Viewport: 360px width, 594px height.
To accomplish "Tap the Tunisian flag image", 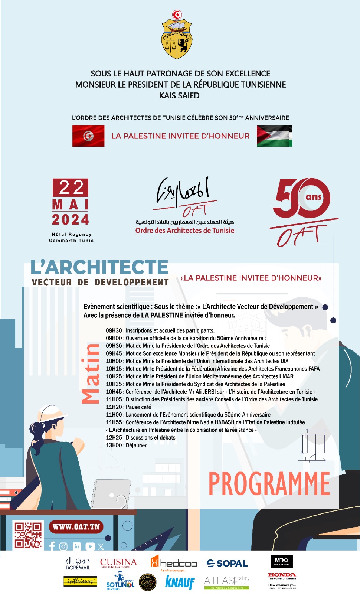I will pyautogui.click(x=88, y=136).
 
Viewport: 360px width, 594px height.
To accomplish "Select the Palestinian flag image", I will pyautogui.click(x=274, y=136).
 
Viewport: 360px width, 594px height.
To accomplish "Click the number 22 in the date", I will pyautogui.click(x=71, y=187).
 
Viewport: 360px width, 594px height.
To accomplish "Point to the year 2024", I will pyautogui.click(x=71, y=220).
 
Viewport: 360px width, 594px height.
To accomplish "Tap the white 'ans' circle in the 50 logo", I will pyautogui.click(x=313, y=197).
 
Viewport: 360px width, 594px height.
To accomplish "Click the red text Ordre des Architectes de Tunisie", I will pyautogui.click(x=185, y=231).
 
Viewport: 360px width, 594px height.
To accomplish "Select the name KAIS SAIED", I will pyautogui.click(x=180, y=95).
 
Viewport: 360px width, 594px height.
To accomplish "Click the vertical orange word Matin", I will pyautogui.click(x=91, y=373).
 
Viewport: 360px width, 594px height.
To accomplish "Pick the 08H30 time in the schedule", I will pyautogui.click(x=114, y=330).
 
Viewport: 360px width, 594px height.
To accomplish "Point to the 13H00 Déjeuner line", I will pyautogui.click(x=126, y=445).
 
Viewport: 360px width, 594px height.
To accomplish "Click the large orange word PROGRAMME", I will pyautogui.click(x=269, y=484).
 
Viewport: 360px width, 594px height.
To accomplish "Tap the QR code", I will pyautogui.click(x=28, y=535).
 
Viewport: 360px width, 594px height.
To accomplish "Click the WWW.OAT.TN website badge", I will pyautogui.click(x=76, y=527).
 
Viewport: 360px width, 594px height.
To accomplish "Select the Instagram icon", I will pyautogui.click(x=63, y=546).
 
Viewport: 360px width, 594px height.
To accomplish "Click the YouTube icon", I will pyautogui.click(x=90, y=546).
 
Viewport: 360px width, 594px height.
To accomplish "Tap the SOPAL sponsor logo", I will pyautogui.click(x=227, y=563).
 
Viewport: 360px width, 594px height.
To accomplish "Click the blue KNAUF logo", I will pyautogui.click(x=180, y=582).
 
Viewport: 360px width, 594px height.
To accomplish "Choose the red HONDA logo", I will pyautogui.click(x=282, y=575).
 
